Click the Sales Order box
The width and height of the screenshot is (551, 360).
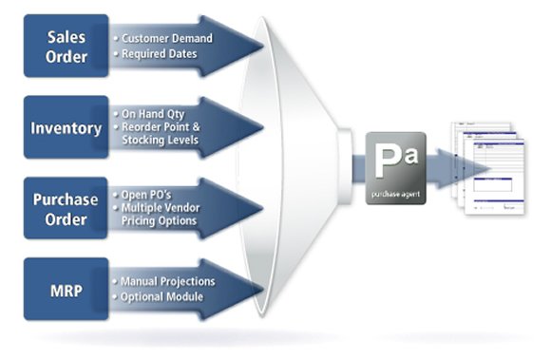[67, 46]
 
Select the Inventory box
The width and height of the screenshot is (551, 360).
[67, 128]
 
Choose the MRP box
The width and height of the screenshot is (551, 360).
[67, 289]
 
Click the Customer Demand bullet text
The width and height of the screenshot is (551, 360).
[166, 38]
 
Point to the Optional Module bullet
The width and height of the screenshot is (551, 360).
[162, 296]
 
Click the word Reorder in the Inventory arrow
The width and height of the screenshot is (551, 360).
[143, 127]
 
